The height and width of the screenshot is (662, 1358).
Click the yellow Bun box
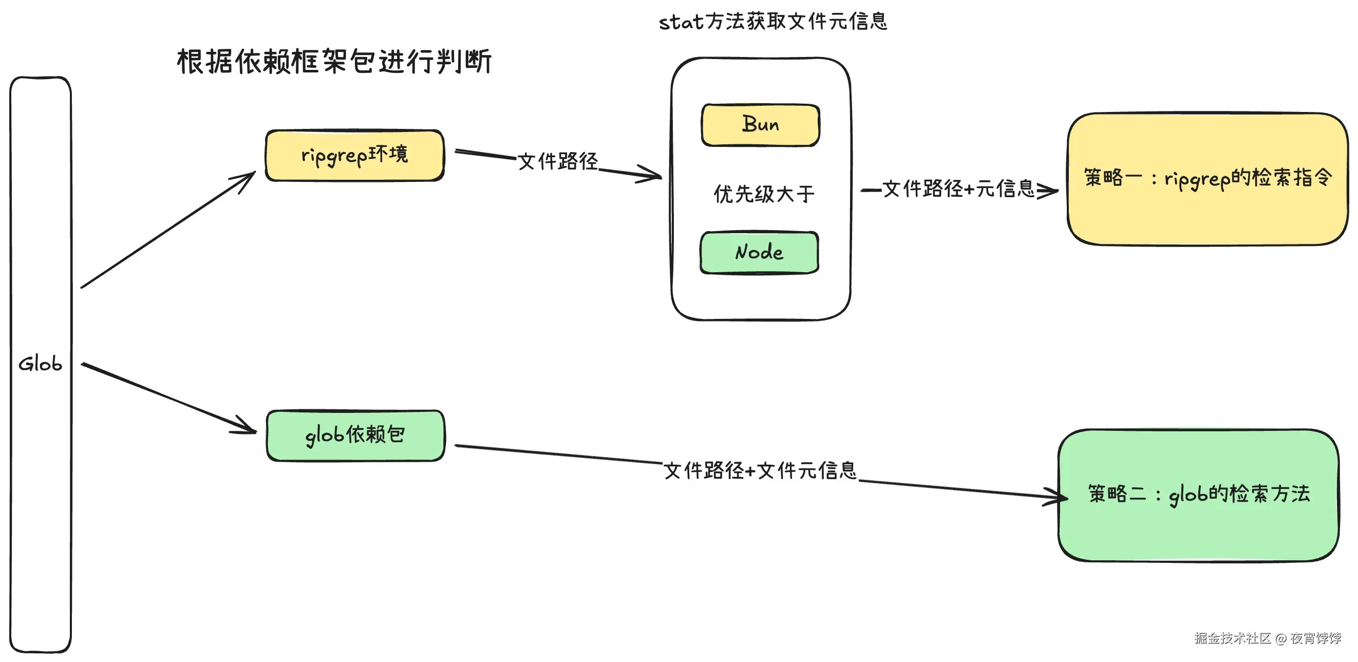click(760, 125)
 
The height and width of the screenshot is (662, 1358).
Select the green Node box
click(759, 253)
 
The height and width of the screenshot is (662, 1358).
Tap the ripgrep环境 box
click(355, 156)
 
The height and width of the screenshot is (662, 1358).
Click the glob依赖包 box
click(355, 436)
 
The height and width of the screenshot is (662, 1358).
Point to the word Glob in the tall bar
click(40, 364)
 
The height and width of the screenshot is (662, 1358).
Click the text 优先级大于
click(764, 194)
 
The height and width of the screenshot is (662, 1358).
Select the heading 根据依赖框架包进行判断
click(335, 62)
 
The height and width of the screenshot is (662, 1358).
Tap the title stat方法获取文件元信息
click(774, 22)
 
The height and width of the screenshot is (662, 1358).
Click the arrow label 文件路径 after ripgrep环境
click(558, 161)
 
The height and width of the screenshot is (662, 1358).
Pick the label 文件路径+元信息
click(958, 188)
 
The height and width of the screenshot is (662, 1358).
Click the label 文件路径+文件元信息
click(760, 470)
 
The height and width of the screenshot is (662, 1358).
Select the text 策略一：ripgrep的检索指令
click(1208, 178)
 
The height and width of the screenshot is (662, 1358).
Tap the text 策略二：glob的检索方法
click(1199, 495)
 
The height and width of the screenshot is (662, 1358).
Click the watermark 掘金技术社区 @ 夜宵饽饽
click(1268, 638)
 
